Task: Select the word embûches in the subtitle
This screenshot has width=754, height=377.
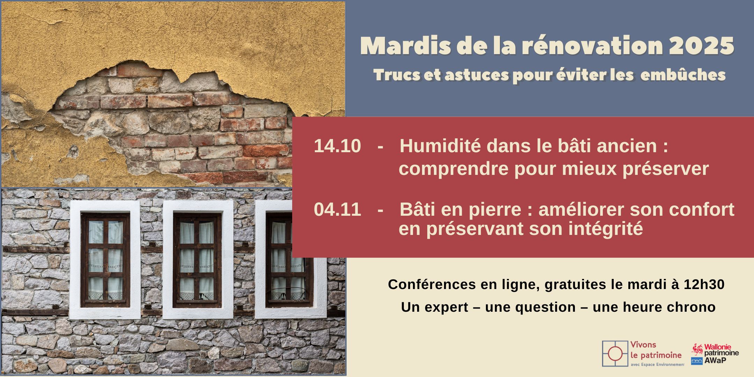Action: pos(683,75)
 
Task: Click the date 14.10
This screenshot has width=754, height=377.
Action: pos(337,146)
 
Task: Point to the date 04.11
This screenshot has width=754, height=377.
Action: pos(337,209)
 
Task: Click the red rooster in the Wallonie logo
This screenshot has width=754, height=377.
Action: pos(697,350)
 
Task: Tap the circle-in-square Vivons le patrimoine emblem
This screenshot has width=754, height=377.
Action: pos(615,354)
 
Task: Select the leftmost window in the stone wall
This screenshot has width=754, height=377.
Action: pos(105,260)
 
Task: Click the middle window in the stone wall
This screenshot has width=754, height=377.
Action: pos(198,260)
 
